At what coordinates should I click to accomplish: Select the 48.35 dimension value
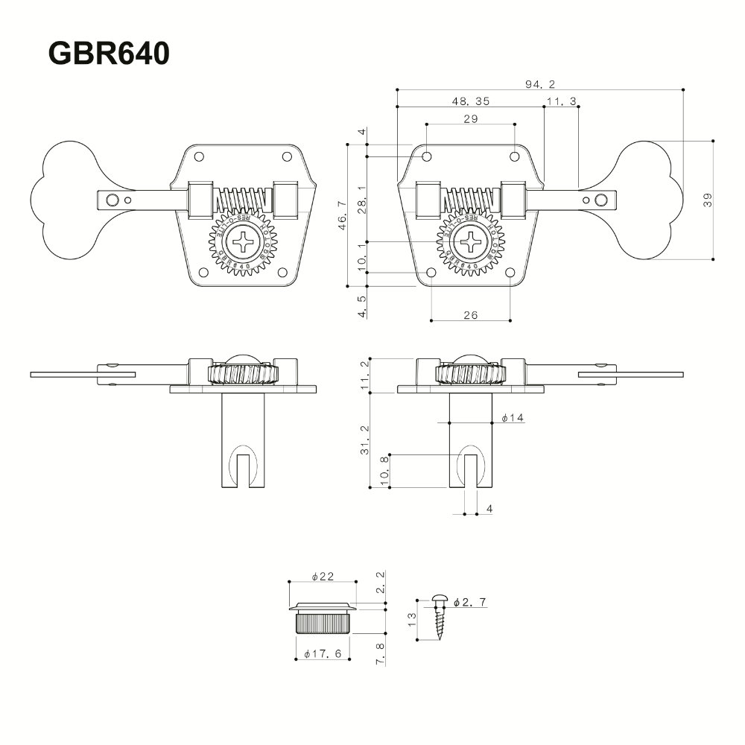click(470, 101)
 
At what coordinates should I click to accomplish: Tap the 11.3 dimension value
click(562, 101)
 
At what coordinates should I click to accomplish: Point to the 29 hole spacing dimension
click(470, 119)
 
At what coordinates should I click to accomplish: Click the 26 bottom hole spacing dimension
click(470, 315)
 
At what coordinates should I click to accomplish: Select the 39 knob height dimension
click(708, 200)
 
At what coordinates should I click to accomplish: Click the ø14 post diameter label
click(513, 418)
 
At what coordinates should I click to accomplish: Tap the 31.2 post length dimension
click(364, 440)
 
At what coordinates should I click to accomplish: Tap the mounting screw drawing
click(438, 617)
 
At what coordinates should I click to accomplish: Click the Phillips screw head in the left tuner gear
click(244, 244)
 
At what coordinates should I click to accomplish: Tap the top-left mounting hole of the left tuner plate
click(199, 156)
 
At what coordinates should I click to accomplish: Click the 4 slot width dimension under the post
click(489, 509)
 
